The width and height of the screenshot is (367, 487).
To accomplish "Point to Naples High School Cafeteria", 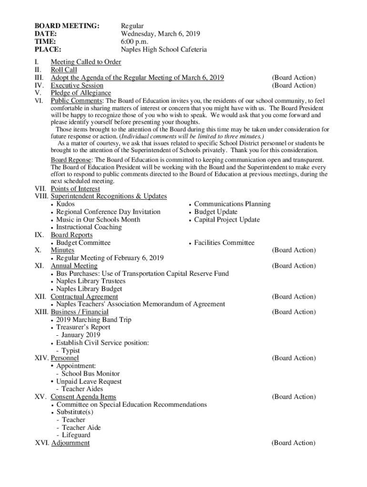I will (163, 49).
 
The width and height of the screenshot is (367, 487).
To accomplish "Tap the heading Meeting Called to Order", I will (86, 62).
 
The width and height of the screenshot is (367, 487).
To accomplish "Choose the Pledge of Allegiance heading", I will (81, 93).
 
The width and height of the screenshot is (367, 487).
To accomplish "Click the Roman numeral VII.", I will (41, 189).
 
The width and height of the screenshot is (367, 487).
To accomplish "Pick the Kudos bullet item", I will (65, 204).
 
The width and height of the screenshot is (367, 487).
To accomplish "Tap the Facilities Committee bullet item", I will (224, 243).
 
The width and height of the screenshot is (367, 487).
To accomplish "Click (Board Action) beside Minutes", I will (294, 250).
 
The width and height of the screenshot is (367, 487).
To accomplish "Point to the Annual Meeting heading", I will (74, 266).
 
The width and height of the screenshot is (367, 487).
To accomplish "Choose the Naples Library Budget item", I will (89, 289).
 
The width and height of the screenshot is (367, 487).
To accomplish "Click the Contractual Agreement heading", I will (84, 297).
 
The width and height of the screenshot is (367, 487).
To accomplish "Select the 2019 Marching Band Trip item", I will (93, 320).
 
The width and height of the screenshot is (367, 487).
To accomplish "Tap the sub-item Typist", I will (71, 351).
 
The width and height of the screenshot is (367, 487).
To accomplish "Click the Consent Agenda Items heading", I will (83, 397).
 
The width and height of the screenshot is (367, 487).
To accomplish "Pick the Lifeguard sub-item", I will (76, 435).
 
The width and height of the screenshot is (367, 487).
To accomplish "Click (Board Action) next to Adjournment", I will (293, 443).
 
